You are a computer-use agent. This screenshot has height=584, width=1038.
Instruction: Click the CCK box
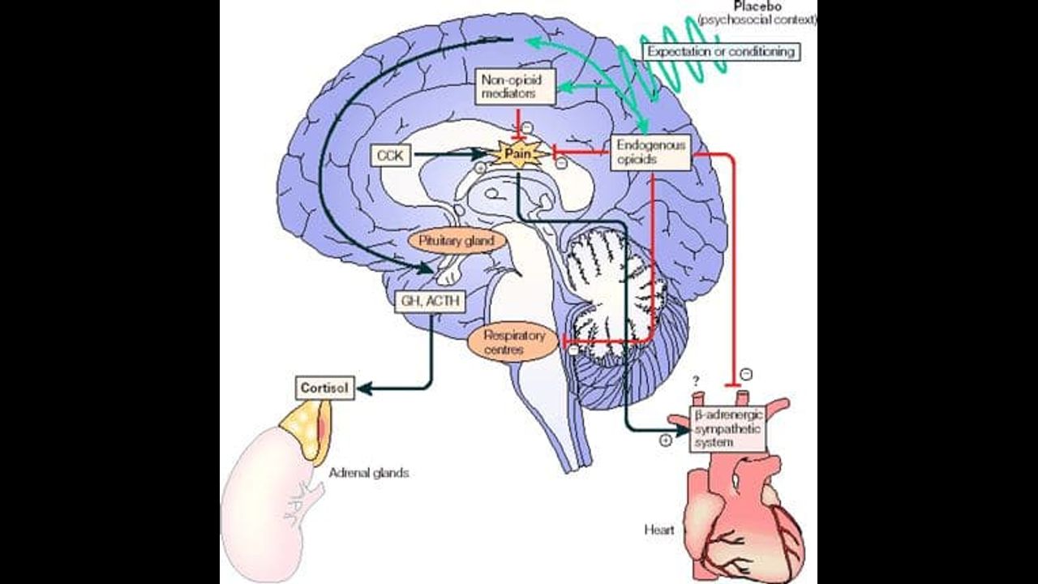(391, 155)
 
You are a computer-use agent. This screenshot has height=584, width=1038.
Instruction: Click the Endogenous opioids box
(650, 152)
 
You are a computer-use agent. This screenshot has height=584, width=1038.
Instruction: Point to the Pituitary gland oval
(457, 241)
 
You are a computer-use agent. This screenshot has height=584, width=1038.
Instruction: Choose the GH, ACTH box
(430, 302)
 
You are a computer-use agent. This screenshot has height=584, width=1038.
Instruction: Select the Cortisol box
(324, 388)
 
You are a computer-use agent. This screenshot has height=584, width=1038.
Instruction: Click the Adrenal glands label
(369, 473)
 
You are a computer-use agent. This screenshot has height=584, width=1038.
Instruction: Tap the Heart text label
(658, 530)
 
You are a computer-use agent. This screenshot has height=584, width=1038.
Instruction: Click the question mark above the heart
(695, 380)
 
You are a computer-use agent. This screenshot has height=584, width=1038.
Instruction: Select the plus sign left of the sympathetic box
(666, 440)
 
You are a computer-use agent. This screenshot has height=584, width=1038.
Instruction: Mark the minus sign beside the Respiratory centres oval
(573, 350)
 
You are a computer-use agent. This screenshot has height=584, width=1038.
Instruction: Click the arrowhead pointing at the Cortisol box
(363, 389)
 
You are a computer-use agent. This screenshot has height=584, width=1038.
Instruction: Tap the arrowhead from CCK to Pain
(486, 152)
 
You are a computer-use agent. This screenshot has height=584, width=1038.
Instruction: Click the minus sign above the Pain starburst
(527, 127)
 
